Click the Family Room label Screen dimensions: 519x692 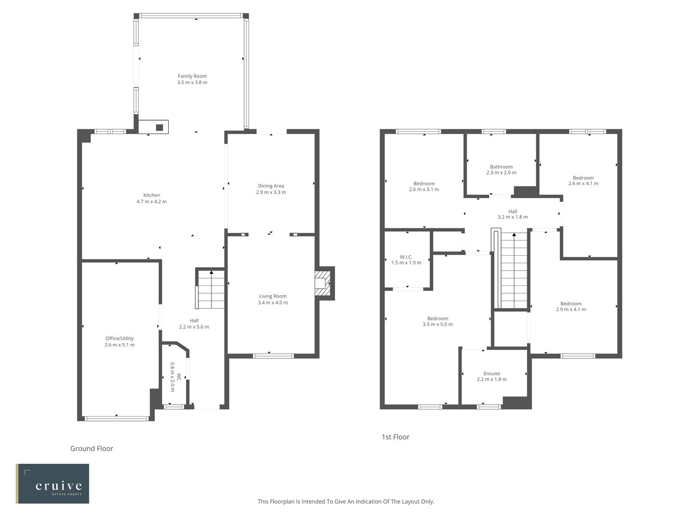coord(192,76)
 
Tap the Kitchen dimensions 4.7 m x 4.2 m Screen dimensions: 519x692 coord(151,202)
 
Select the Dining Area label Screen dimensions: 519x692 coord(271,186)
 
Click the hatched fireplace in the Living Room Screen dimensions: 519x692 coord(322,284)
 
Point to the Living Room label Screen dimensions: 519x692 coord(272,297)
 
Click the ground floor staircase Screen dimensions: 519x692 coord(211,290)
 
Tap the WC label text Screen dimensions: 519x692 coord(179,377)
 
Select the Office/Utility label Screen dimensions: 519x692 coord(119,338)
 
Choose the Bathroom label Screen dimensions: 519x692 coord(501,167)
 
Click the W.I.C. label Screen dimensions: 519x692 coord(406,257)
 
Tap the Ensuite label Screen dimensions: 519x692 coord(492,373)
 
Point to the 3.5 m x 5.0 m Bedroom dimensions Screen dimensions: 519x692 coord(438,324)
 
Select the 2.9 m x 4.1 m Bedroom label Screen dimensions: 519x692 coord(571,304)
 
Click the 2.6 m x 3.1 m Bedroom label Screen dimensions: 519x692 coord(424,184)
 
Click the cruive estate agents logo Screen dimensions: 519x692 coord(52,483)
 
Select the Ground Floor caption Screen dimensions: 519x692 coord(92,448)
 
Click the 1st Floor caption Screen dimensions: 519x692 coord(395,437)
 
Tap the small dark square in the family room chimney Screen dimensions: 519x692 coord(160,127)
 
